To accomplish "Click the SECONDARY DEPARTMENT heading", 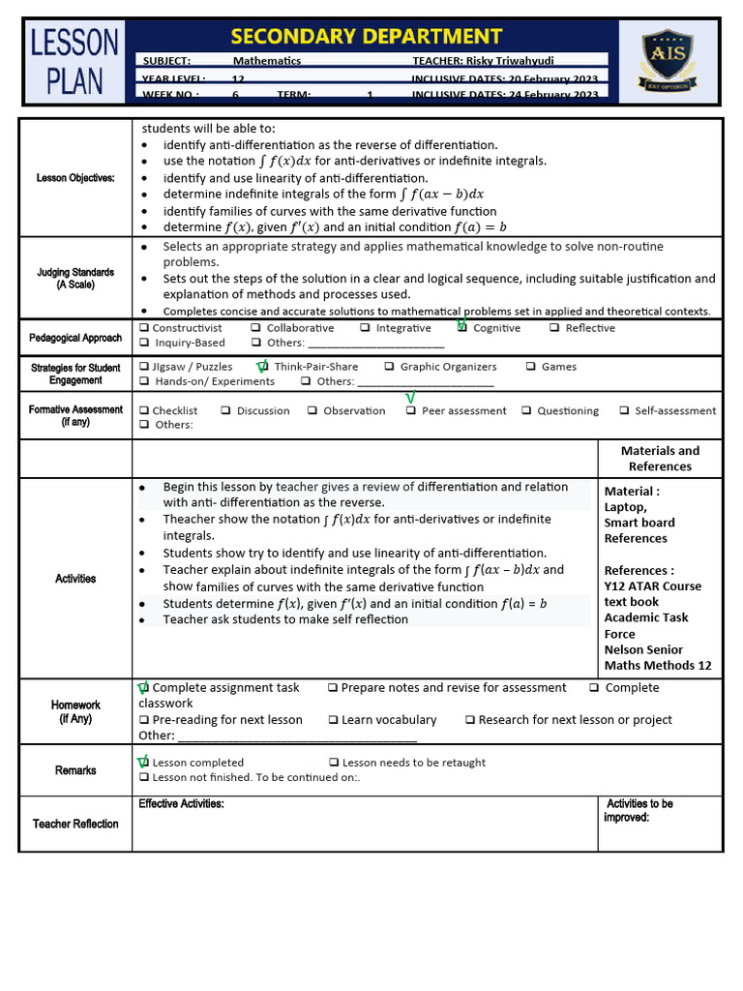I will pos(367,37).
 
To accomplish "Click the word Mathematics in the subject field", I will pos(267,60).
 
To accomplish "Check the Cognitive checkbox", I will pos(462,328).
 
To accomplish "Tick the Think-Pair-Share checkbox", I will pos(263,367).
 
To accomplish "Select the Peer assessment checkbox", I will pos(411,410).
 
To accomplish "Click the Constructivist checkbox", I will pos(144,328).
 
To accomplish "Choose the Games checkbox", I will pos(532,367).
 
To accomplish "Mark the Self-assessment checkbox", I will pos(624,410).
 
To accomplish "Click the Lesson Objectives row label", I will pos(75,178).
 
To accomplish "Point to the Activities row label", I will pos(75,579).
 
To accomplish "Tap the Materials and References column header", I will pos(660,459).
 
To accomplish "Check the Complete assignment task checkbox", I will pos(144,688).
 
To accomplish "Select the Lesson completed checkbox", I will pos(144,763).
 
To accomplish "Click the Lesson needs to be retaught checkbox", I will pos(334,763).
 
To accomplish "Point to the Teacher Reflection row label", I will pos(75,824).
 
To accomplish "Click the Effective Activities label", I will pos(181,804).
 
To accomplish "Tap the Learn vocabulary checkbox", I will pos(333,720).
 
